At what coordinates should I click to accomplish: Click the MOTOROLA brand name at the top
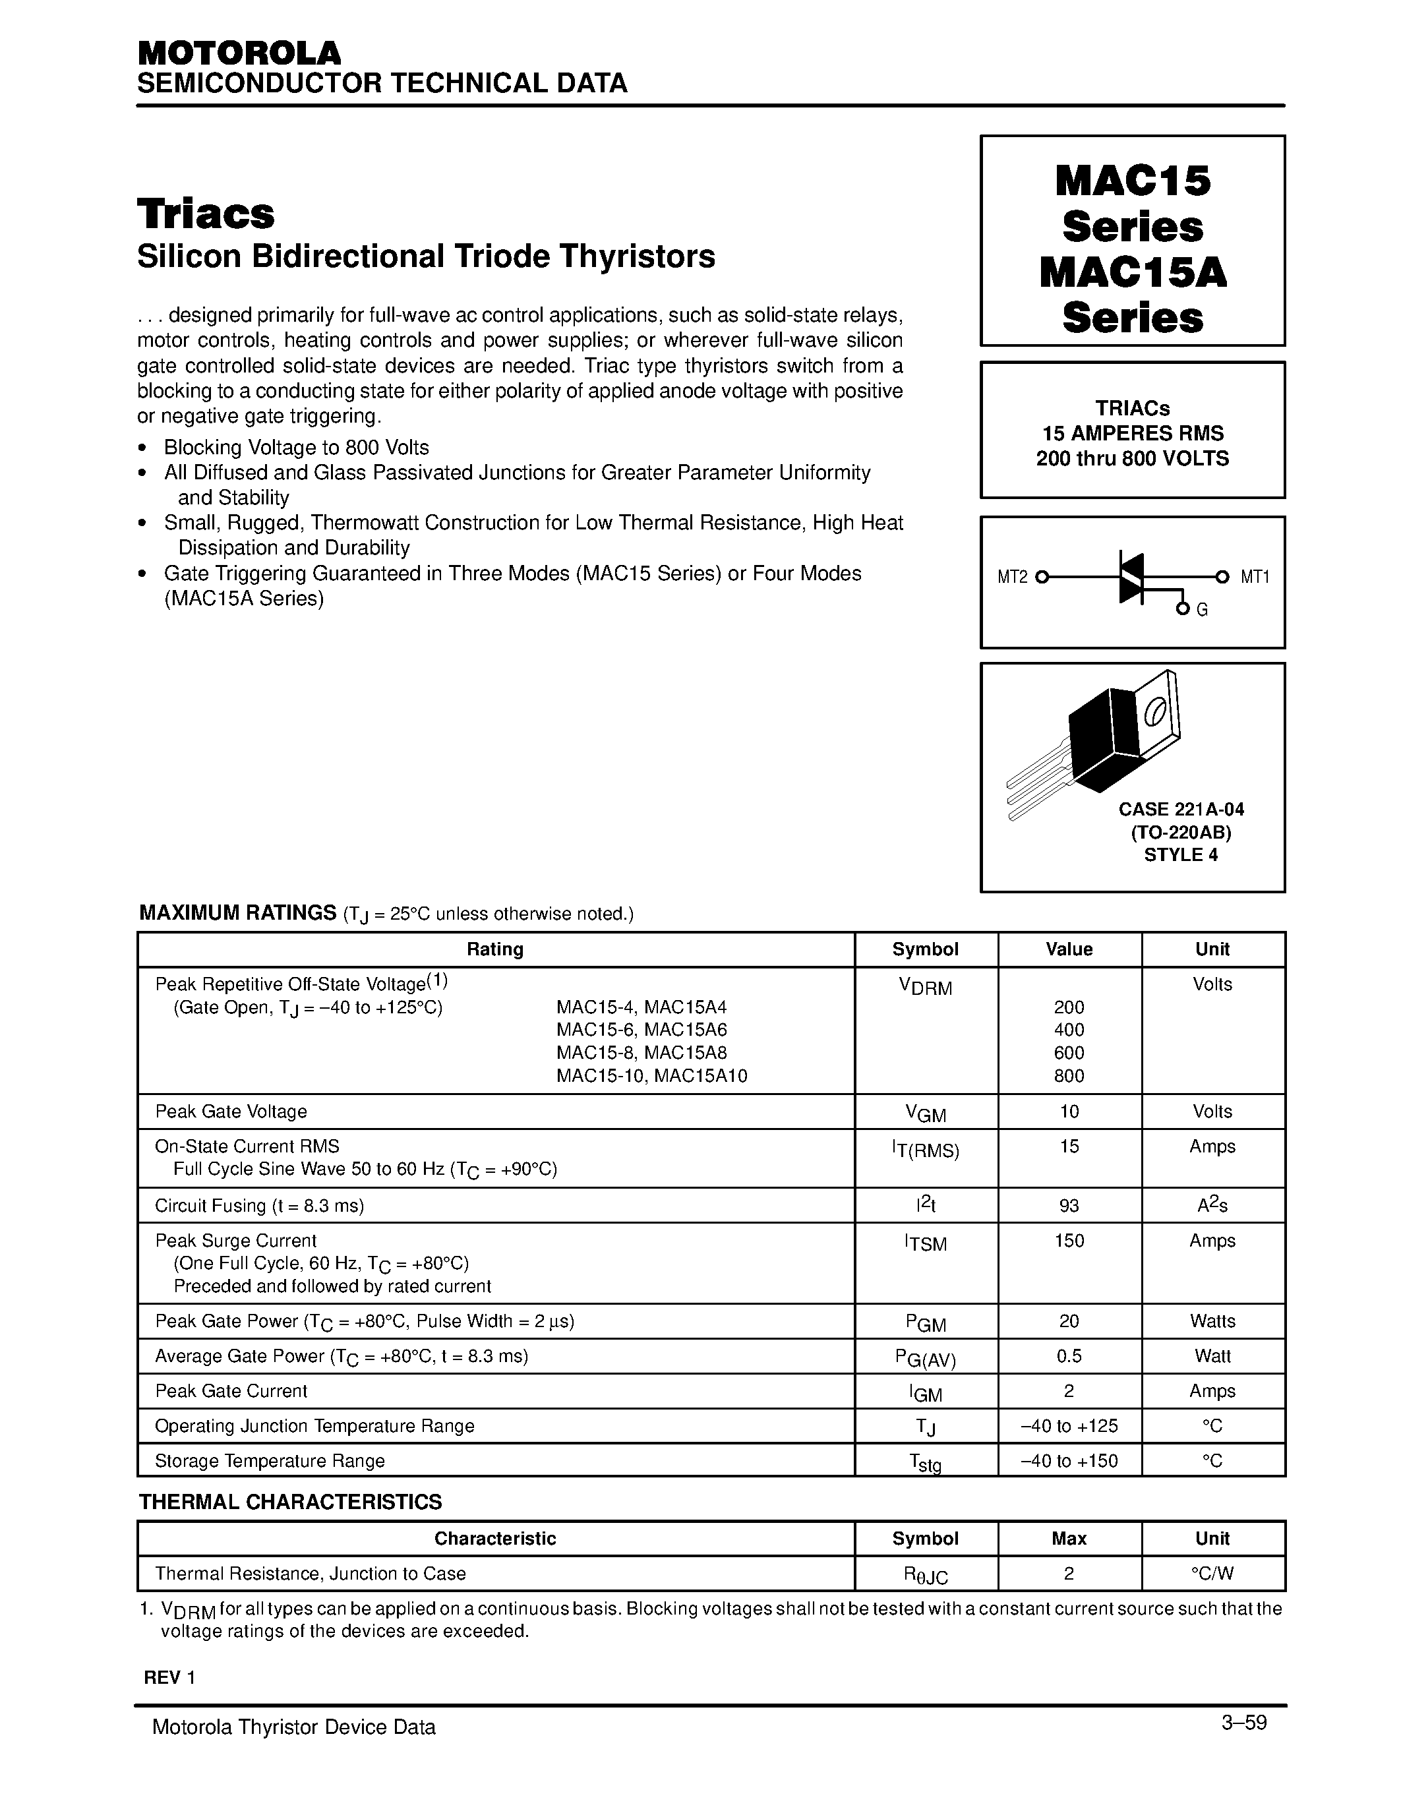(239, 53)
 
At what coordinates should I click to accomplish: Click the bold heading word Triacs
(206, 214)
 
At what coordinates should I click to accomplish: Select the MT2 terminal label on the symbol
(1012, 577)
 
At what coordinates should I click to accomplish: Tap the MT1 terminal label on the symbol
(1254, 577)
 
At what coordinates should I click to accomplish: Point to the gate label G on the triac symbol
(1202, 610)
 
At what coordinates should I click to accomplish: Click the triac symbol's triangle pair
(1131, 577)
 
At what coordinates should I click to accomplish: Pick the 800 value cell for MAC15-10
(1068, 1076)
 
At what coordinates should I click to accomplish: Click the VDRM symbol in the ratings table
(924, 987)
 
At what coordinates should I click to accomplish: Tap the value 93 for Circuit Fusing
(1068, 1205)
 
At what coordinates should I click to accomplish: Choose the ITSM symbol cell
(924, 1243)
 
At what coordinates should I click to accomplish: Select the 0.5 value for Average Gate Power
(1068, 1356)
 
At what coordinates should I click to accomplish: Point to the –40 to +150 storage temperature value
(1068, 1461)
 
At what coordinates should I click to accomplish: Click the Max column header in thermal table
(1068, 1539)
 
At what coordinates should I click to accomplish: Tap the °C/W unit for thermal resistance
(1212, 1574)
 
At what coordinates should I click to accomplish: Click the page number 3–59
(1243, 1723)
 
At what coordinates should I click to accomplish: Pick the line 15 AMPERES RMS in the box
(1132, 433)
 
